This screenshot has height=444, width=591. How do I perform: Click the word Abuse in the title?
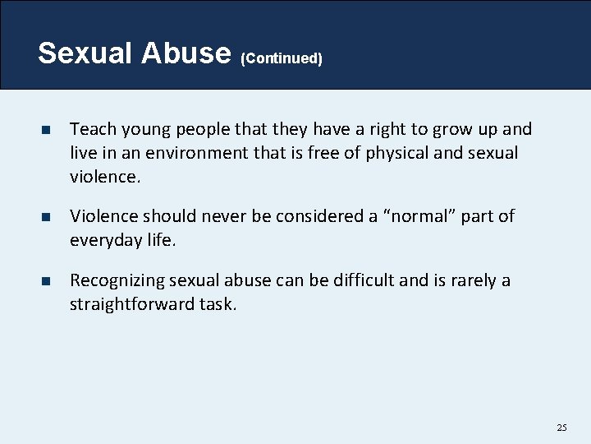(x=186, y=53)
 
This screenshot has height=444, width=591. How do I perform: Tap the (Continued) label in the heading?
(x=282, y=58)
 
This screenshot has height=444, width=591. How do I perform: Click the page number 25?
(x=561, y=428)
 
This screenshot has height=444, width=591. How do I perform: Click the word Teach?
(x=90, y=129)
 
